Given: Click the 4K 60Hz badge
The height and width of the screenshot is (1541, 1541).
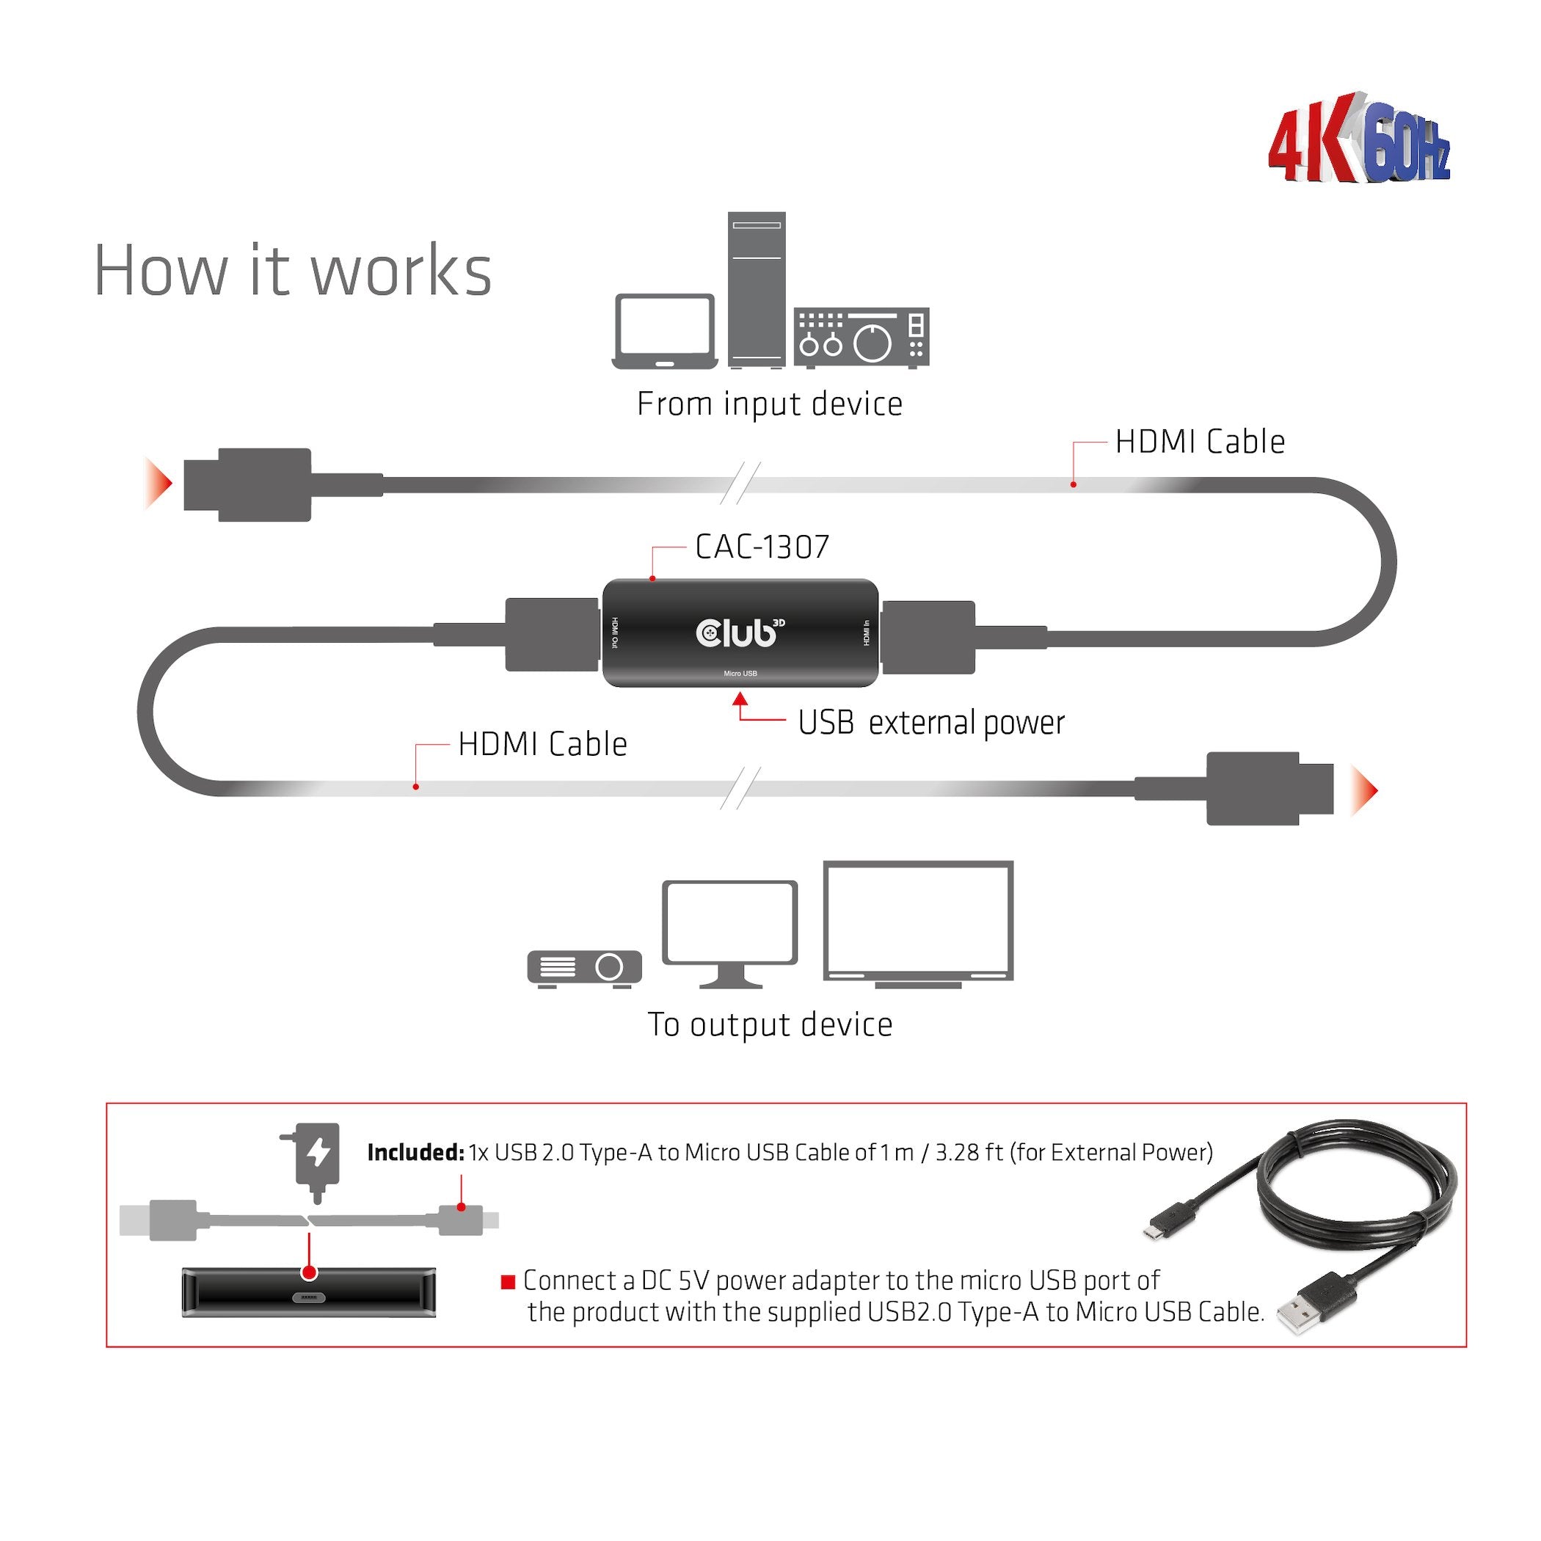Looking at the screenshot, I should tap(1359, 140).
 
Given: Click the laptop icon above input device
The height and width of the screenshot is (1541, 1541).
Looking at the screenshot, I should tap(664, 332).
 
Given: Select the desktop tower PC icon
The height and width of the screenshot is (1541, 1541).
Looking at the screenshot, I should tap(756, 288).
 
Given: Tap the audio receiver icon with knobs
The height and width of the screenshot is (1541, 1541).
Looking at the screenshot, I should tap(861, 338).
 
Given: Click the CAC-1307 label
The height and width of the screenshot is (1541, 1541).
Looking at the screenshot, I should tap(762, 547).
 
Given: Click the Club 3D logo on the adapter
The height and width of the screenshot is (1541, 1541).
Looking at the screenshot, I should tap(740, 632).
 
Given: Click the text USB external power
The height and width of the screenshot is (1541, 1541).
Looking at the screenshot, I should tap(930, 723).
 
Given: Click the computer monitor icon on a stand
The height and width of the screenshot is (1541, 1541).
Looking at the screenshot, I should tap(730, 933).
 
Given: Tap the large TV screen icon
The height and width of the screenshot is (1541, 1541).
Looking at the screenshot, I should tap(918, 924).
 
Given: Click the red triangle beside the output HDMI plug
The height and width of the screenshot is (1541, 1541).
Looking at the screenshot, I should tap(1365, 790).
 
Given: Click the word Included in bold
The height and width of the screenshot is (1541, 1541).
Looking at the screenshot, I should tap(415, 1153).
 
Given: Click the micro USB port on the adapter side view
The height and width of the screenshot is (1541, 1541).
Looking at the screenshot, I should tap(309, 1297).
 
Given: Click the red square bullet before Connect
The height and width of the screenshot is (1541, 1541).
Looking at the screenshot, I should tap(507, 1283).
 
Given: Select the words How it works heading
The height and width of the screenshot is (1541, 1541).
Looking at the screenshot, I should tap(293, 272).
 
